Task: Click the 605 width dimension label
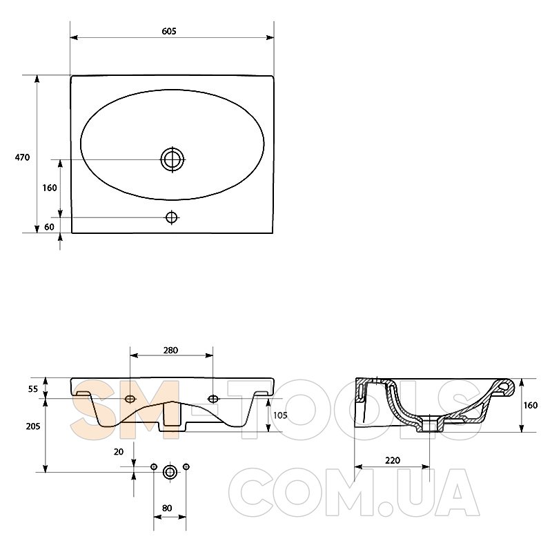point(169,31)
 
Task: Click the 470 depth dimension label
point(22,157)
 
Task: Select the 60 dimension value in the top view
point(49,227)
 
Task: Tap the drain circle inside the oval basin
point(172,159)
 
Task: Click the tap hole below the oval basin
point(171,217)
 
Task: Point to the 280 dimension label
point(170,351)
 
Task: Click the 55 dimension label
point(32,389)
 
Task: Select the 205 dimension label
point(33,426)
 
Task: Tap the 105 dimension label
point(280,415)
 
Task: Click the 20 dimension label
point(119,452)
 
